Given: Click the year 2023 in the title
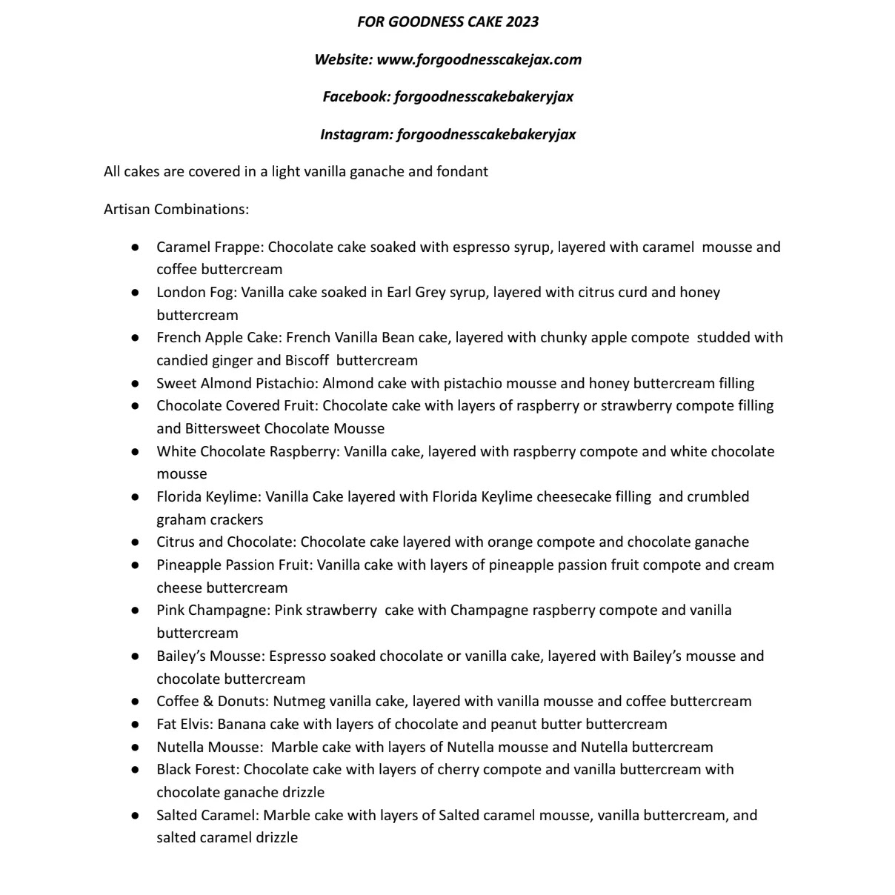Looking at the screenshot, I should click(x=522, y=21).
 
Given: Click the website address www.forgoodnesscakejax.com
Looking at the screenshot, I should click(x=479, y=59).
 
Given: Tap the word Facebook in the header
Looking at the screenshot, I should click(x=356, y=96).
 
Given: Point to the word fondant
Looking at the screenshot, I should click(x=462, y=172).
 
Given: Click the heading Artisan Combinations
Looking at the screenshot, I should click(x=176, y=209).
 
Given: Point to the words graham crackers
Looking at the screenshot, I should click(x=210, y=519).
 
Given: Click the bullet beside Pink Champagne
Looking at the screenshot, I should click(x=135, y=610).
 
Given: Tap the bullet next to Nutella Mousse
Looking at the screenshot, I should click(x=135, y=747).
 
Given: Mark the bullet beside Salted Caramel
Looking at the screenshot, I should click(x=135, y=815).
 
